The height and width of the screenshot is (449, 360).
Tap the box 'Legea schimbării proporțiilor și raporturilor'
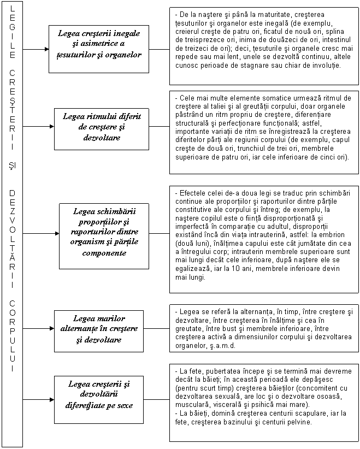coord(104,232)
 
